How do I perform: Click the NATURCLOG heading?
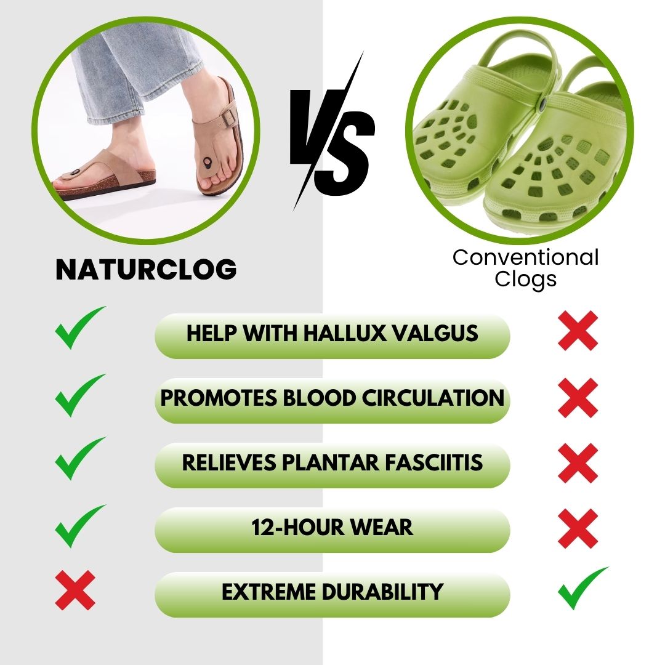tap(146, 270)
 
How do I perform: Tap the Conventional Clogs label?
tap(525, 268)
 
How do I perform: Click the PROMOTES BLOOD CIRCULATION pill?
tap(332, 399)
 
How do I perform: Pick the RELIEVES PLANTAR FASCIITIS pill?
tap(332, 464)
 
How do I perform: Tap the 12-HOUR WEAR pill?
tap(332, 528)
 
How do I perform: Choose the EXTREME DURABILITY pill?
tap(332, 593)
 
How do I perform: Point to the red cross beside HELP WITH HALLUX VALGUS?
tap(578, 331)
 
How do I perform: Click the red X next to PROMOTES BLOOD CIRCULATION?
tap(578, 398)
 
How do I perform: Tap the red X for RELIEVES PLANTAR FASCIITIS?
tap(578, 463)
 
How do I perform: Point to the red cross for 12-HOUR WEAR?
tap(578, 528)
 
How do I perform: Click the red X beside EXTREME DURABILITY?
tap(75, 590)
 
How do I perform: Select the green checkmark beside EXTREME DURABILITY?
tap(581, 587)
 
